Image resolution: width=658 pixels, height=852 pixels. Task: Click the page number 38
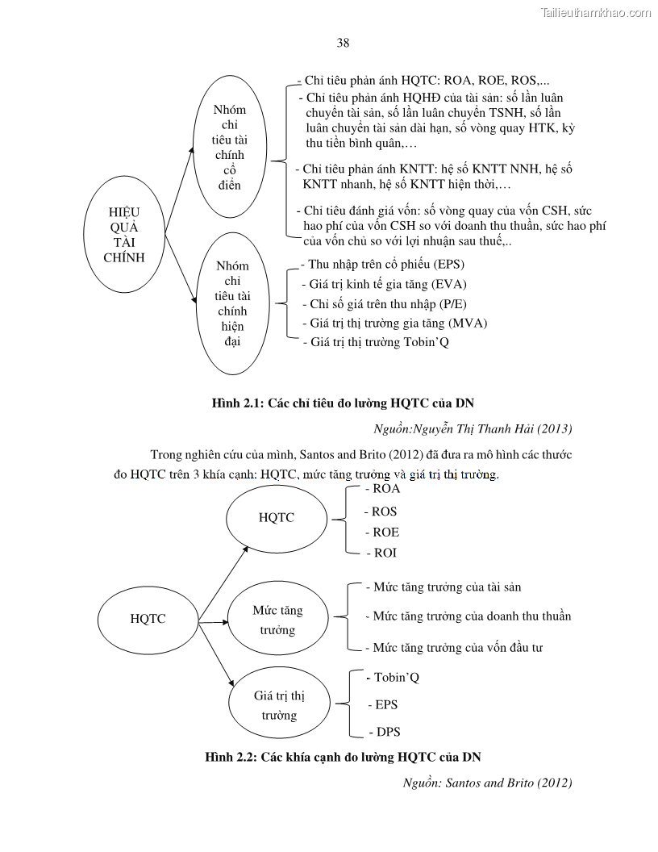343,43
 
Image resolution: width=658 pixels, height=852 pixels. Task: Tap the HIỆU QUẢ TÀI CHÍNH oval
124,235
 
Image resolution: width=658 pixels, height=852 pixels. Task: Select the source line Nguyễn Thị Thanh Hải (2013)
478,428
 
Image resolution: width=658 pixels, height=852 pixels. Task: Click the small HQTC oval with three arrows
148,619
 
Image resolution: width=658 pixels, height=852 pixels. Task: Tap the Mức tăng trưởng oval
277,620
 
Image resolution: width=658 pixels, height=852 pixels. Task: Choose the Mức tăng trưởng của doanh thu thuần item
468,616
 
